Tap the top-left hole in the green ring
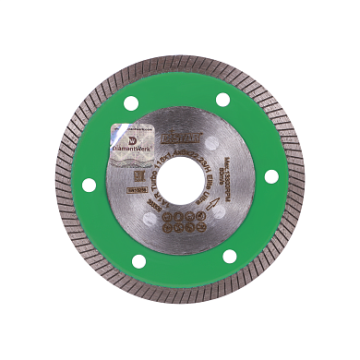[x=130, y=103]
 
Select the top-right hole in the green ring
[x=222, y=99]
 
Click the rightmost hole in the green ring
[x=271, y=175]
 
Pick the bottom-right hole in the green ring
[x=230, y=256]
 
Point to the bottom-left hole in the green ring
[x=138, y=261]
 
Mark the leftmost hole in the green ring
[x=89, y=185]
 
